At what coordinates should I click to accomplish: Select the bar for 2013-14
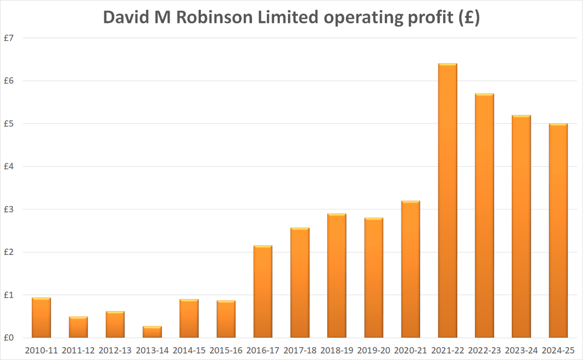[x=152, y=332]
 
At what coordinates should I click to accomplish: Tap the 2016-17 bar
[x=263, y=292]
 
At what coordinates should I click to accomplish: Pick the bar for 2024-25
[x=558, y=230]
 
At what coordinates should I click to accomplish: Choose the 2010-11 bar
[x=41, y=318]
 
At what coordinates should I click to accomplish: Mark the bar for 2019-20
[x=374, y=278]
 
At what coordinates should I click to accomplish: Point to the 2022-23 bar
[x=484, y=216]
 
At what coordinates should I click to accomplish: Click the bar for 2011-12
[x=78, y=327]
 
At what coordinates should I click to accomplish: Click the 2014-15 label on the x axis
[x=189, y=350]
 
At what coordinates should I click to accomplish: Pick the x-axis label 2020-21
[x=410, y=350]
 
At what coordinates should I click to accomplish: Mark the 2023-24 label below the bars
[x=521, y=350]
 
